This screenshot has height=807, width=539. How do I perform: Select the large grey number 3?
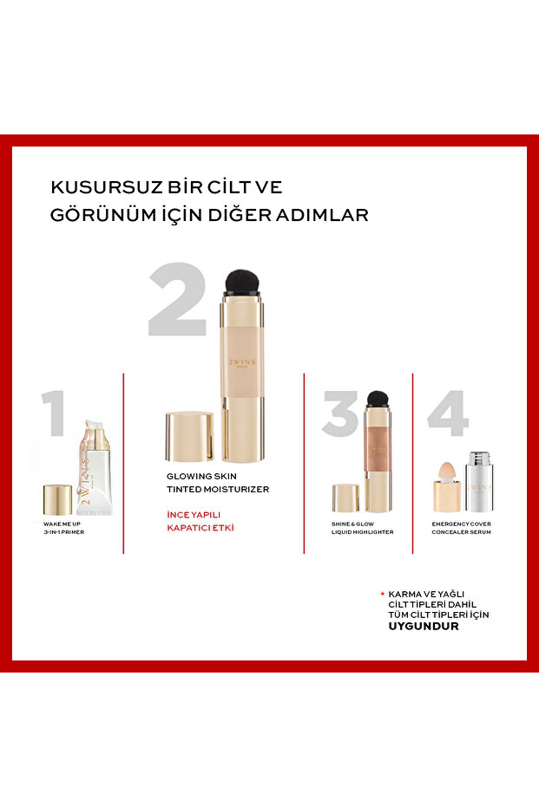coord(341,413)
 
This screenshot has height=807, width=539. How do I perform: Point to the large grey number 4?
coord(448,413)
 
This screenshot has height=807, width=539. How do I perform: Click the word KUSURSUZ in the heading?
coord(106,187)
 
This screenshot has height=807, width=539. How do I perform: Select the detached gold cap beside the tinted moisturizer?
coord(189,437)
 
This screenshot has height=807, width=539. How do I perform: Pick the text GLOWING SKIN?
coord(201,477)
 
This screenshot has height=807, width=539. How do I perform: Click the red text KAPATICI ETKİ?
coord(200,528)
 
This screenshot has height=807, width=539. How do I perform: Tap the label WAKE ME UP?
coord(62,524)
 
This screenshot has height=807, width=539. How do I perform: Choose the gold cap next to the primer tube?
coord(57,500)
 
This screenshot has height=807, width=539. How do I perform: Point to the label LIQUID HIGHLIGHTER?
coord(362,532)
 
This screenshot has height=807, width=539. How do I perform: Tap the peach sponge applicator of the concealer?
coord(446,471)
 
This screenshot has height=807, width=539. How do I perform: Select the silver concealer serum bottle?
coord(479,482)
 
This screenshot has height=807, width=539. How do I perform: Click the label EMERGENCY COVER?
coord(461,524)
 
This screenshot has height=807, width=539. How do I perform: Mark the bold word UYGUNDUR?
coord(424,627)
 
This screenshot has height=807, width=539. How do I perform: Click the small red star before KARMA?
coord(383,594)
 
